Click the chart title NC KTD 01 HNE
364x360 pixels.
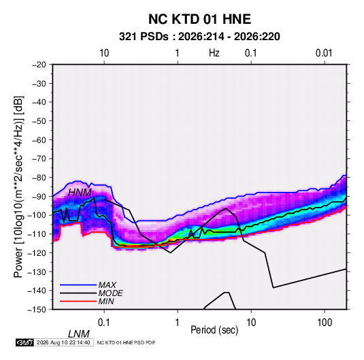199,19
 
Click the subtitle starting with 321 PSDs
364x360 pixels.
199,37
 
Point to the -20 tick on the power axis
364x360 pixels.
39,65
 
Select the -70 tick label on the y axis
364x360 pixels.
39,159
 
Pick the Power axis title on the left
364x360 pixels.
18,187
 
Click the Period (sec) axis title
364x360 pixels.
214,330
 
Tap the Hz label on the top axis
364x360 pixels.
214,53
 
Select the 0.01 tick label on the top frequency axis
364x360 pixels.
324,53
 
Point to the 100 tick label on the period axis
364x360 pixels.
325,323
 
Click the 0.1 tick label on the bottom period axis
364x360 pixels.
104,323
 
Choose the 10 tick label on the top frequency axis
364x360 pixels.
104,53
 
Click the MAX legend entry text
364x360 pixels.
107,285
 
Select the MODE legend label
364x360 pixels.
110,293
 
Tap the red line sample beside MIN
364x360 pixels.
78,301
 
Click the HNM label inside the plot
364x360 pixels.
80,193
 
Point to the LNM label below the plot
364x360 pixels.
79,334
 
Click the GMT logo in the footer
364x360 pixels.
25,342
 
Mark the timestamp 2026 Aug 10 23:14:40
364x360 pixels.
63,342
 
